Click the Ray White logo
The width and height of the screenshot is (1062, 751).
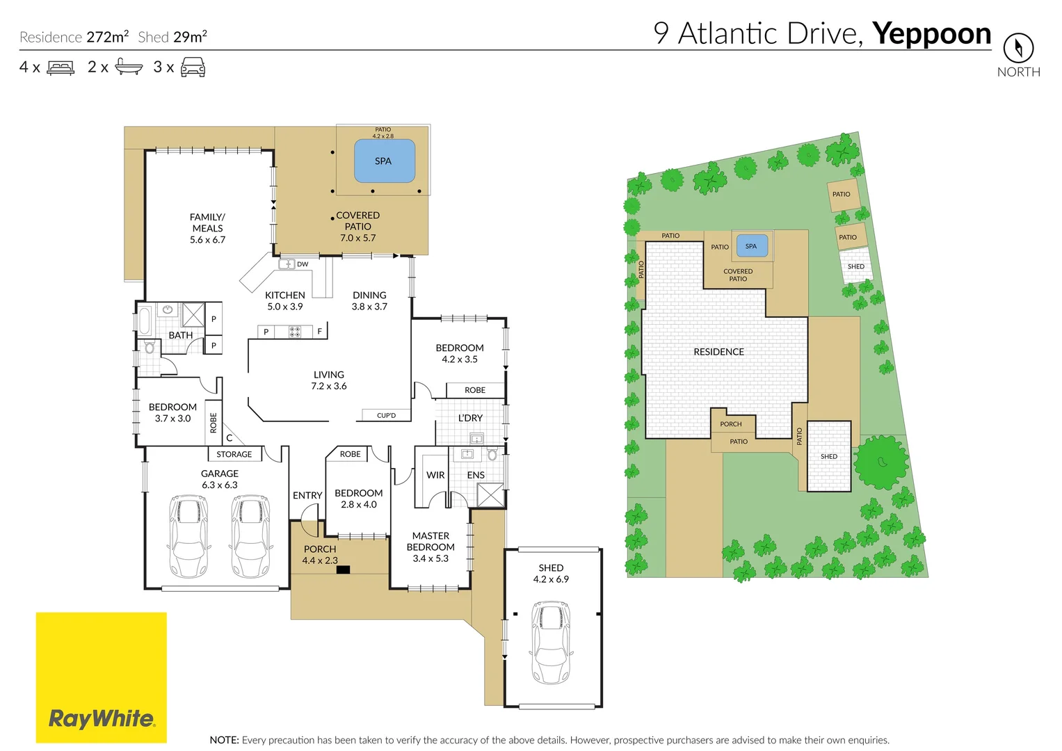click(101, 677)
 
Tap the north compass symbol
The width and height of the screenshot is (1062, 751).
click(1018, 48)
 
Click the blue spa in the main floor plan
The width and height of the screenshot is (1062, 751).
click(385, 161)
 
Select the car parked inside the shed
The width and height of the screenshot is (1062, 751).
click(552, 643)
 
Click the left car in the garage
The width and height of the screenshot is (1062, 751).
click(188, 536)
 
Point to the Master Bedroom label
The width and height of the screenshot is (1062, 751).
click(431, 547)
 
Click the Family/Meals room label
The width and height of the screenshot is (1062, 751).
click(207, 228)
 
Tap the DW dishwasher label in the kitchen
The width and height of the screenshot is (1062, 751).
click(303, 264)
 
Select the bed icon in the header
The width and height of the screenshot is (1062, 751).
click(61, 67)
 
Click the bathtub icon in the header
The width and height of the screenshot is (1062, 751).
click(129, 67)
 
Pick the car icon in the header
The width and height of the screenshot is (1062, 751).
click(193, 67)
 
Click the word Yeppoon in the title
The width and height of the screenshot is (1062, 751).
click(931, 33)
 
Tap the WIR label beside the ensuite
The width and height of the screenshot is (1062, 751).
click(435, 475)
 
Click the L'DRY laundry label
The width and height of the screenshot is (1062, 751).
click(470, 418)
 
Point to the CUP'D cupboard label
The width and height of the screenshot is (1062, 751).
click(386, 415)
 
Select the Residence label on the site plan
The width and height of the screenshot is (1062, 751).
click(718, 352)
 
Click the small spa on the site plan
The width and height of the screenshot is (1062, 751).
click(751, 246)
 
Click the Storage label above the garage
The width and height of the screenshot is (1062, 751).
click(234, 454)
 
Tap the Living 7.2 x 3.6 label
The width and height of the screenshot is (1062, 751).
click(328, 380)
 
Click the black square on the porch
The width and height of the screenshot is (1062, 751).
click(343, 570)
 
